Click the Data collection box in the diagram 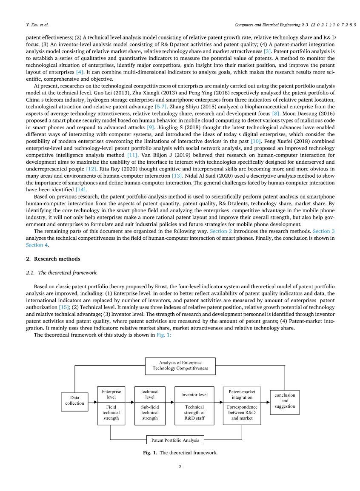click(74, 400)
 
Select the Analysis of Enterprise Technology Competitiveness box click(180, 366)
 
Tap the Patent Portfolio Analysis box click(175, 440)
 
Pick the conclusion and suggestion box click(285, 400)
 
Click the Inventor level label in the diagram click(194, 395)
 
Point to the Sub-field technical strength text click(150, 412)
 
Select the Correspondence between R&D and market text click(242, 412)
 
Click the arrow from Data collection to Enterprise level click(93, 401)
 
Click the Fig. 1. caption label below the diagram click(150, 453)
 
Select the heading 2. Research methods click(53, 258)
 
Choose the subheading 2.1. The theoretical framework click(61, 272)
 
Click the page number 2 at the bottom click(180, 467)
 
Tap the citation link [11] click(132, 156)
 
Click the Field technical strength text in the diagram click(111, 412)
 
